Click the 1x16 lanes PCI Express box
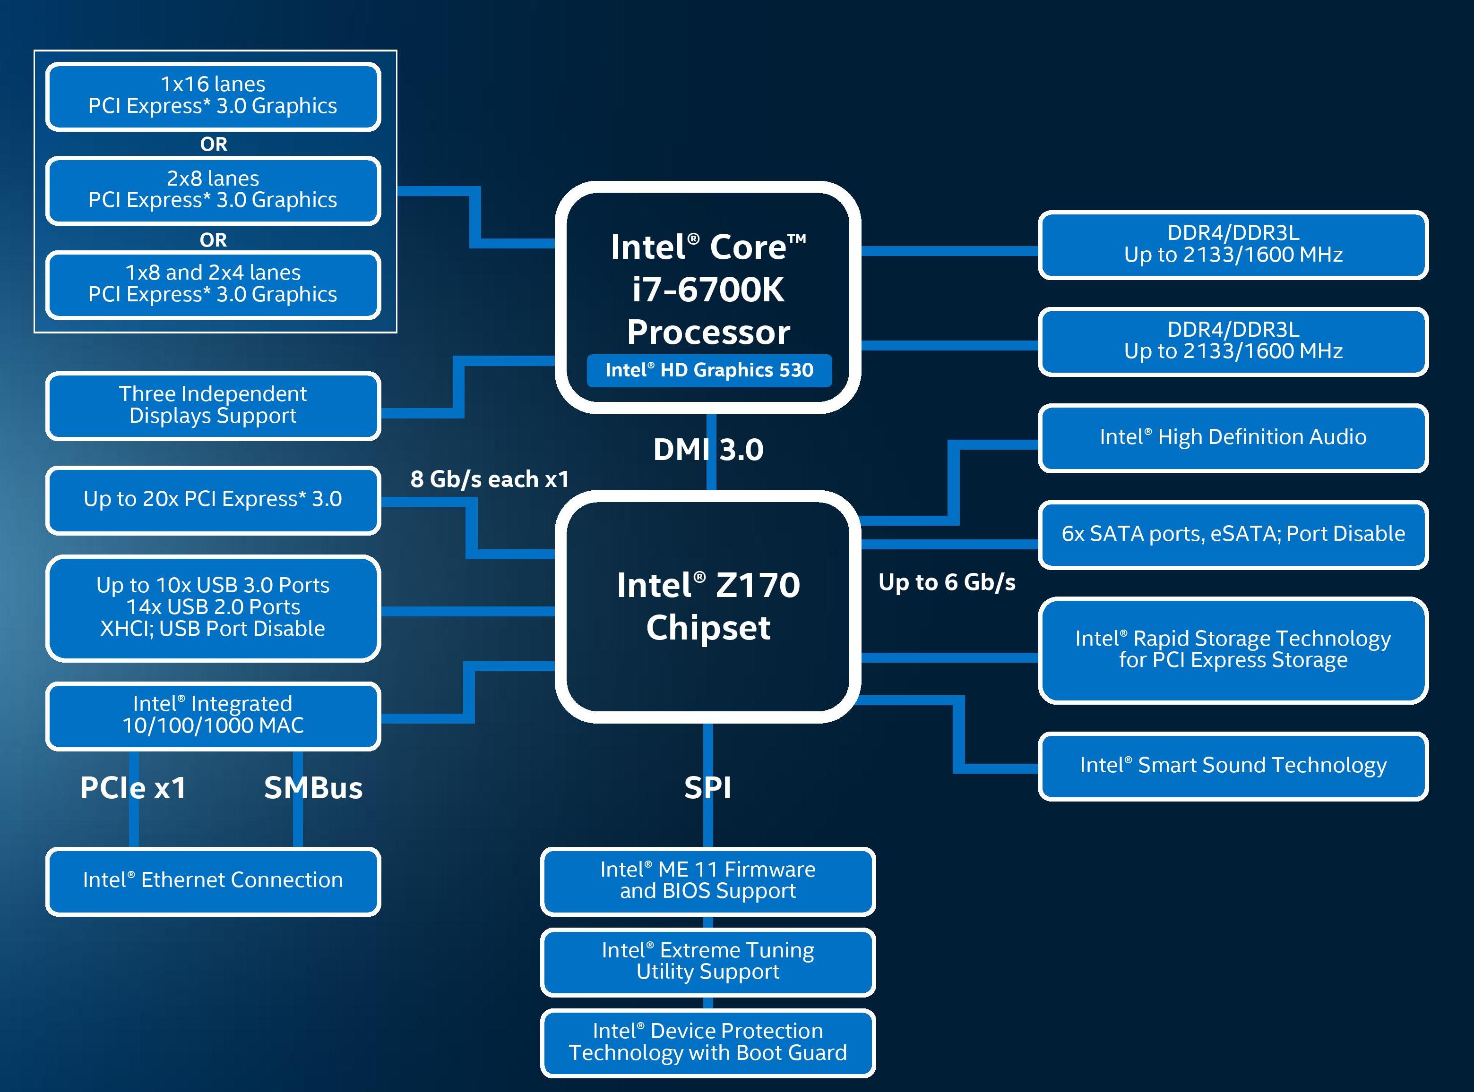[213, 96]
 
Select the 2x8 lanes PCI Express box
[213, 190]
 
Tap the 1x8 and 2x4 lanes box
[213, 284]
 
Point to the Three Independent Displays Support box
[213, 405]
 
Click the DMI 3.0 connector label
[708, 450]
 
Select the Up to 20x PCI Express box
[213, 499]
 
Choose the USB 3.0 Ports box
[213, 607]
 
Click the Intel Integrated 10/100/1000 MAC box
[213, 715]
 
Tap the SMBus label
[313, 788]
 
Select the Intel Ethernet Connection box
[213, 880]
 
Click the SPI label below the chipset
[707, 788]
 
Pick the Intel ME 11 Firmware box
[707, 880]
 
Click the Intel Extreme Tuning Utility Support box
[707, 961]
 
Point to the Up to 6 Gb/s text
[947, 582]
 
